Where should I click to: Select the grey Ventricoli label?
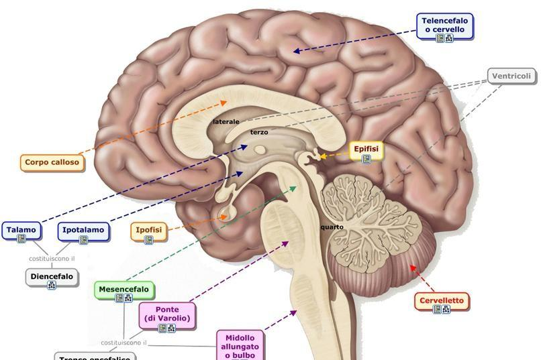pos(511,76)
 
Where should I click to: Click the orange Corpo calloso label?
pos(52,162)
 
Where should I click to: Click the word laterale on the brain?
pos(226,122)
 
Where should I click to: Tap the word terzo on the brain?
pos(259,133)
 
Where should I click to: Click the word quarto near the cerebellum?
pos(332,227)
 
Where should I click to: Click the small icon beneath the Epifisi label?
pos(366,159)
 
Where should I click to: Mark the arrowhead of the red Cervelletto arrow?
pos(411,267)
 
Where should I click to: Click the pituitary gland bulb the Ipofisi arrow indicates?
pos(224,216)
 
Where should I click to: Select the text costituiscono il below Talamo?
pos(52,258)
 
